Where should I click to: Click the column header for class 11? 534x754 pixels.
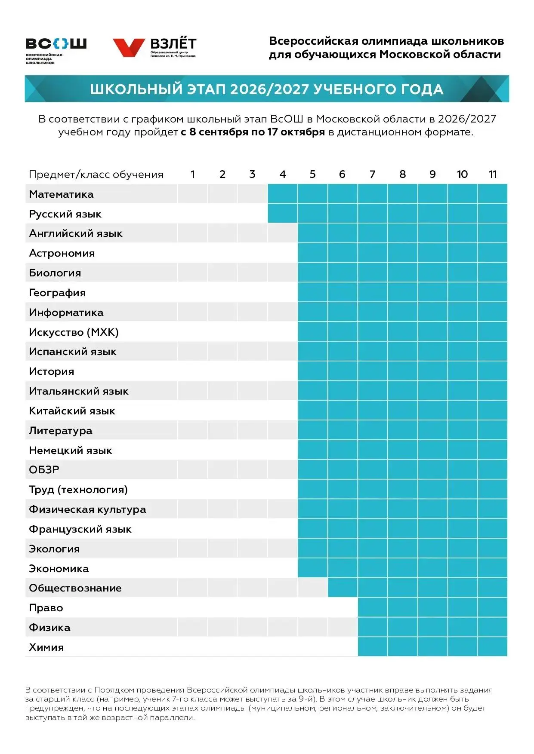pyautogui.click(x=493, y=174)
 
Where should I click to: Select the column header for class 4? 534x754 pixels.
pyautogui.click(x=282, y=174)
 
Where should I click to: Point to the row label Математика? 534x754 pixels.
pyautogui.click(x=61, y=194)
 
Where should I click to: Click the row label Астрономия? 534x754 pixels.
pyautogui.click(x=62, y=253)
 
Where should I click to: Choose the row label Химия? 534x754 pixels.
pyautogui.click(x=46, y=647)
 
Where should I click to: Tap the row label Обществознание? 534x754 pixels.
pyautogui.click(x=75, y=588)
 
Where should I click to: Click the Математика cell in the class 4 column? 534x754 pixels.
pyautogui.click(x=283, y=194)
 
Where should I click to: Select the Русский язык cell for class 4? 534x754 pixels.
pyautogui.click(x=283, y=214)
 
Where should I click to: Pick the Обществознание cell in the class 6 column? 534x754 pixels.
pyautogui.click(x=343, y=588)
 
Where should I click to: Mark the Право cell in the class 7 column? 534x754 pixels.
pyautogui.click(x=373, y=607)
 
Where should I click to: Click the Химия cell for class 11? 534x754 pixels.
pyautogui.click(x=493, y=647)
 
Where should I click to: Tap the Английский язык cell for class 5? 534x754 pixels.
pyautogui.click(x=312, y=233)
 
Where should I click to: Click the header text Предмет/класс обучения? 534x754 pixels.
pyautogui.click(x=96, y=175)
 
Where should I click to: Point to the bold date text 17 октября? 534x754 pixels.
pyautogui.click(x=296, y=132)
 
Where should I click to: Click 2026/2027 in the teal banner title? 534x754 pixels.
pyautogui.click(x=269, y=89)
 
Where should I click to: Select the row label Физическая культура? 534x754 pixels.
pyautogui.click(x=87, y=509)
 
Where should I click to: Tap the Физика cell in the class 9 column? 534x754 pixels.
pyautogui.click(x=432, y=627)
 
